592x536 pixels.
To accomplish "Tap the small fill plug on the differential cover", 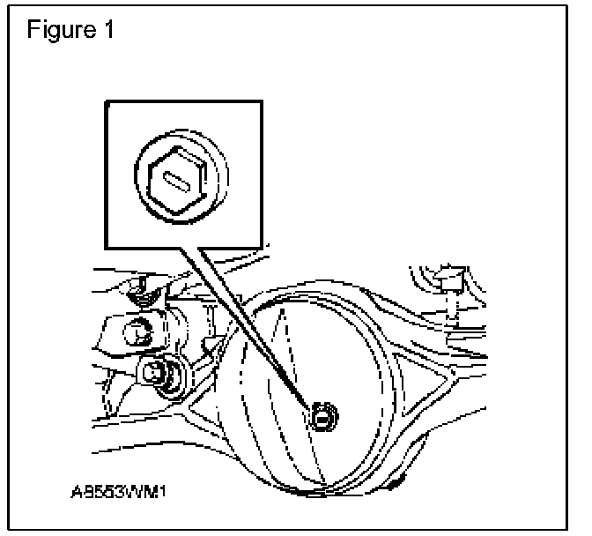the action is coord(323,412).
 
